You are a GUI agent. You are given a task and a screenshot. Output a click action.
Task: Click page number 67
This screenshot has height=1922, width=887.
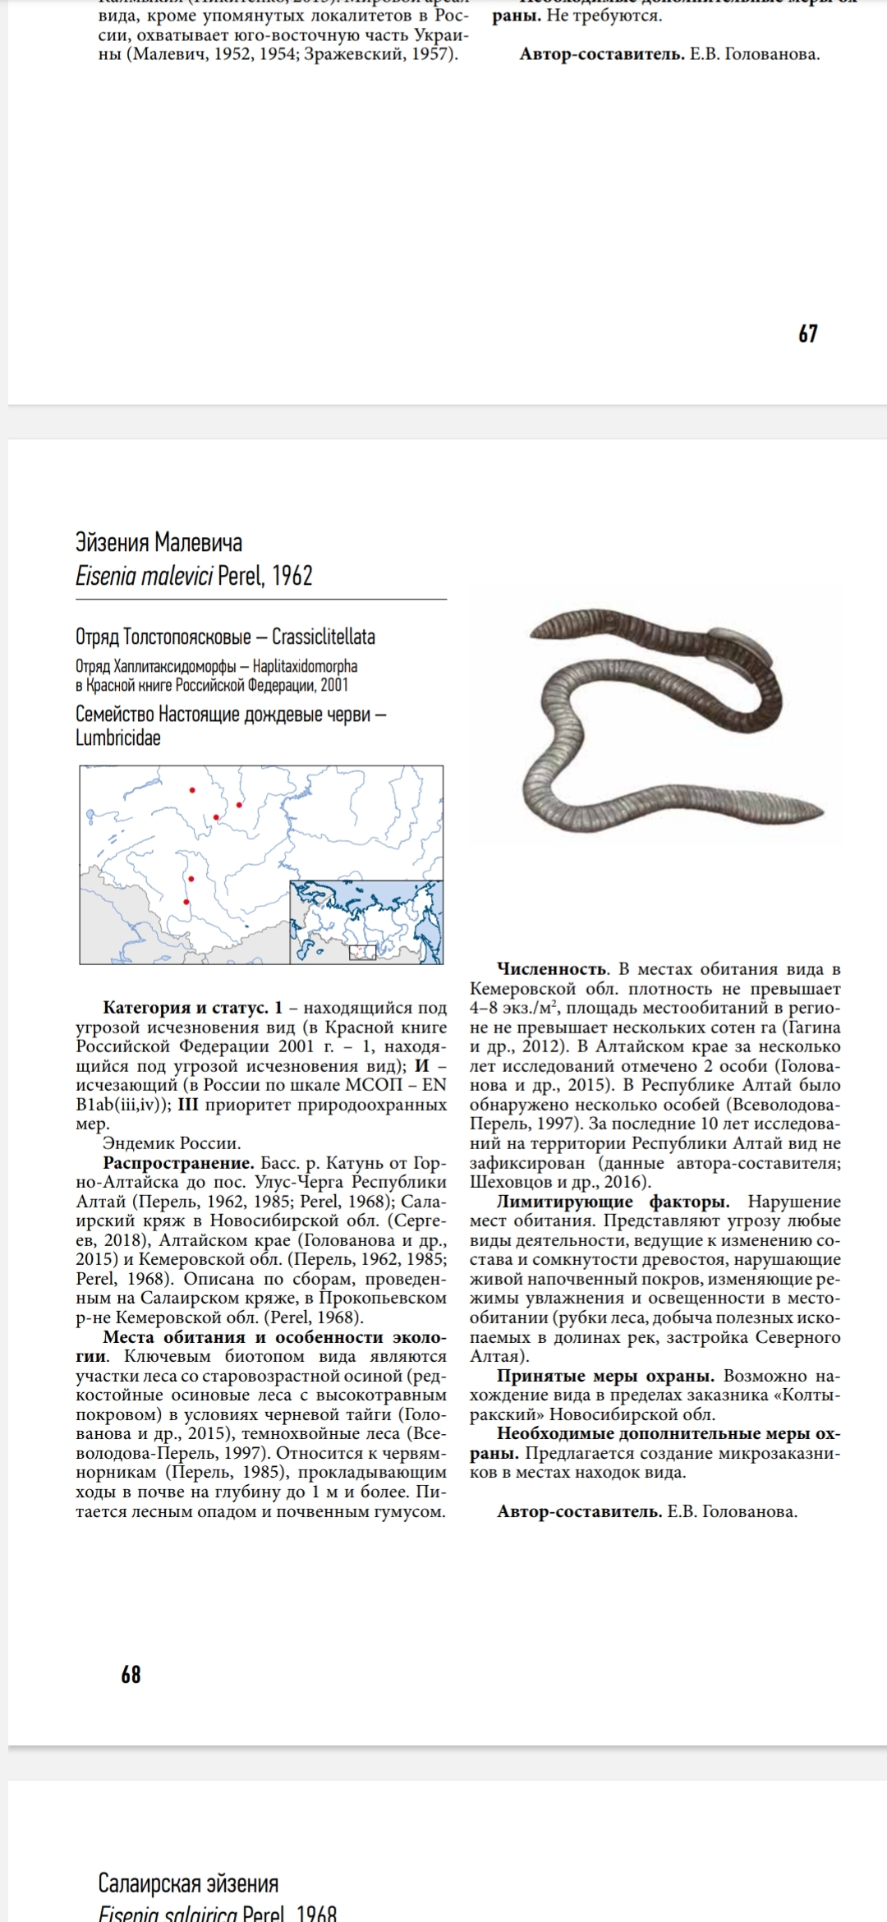click(807, 333)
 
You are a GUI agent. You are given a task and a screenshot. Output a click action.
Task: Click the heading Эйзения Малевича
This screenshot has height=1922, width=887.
click(159, 543)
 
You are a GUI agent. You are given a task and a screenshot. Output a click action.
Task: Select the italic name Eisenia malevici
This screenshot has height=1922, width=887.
click(145, 576)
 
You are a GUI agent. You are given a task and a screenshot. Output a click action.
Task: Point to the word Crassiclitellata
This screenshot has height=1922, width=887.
click(324, 637)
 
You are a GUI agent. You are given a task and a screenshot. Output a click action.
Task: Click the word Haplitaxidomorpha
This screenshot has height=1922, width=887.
click(305, 666)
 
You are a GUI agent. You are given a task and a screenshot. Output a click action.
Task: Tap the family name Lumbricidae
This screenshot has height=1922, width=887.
click(118, 738)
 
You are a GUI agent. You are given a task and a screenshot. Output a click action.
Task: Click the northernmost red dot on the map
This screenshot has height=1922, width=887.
click(192, 790)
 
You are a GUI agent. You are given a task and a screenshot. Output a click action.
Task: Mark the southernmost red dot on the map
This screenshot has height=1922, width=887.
click(186, 902)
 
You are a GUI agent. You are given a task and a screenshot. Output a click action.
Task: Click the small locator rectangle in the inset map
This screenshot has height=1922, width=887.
click(362, 953)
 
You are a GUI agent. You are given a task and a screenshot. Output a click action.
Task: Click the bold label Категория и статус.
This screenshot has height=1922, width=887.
click(185, 1008)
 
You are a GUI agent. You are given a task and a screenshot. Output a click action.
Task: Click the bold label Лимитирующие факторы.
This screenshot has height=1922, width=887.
click(613, 1202)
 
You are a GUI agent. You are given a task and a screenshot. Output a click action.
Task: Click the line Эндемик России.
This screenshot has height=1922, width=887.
click(172, 1143)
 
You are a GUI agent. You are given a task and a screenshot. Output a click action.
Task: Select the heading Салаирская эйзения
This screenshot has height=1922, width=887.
click(188, 1883)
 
